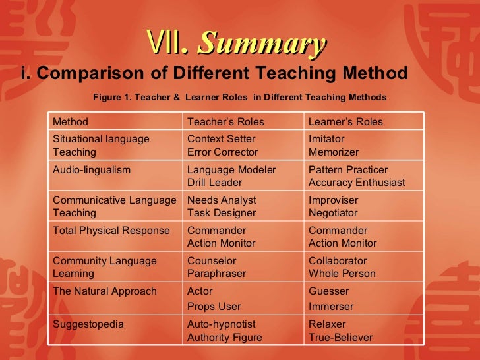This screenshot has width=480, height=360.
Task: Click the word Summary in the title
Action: (262, 45)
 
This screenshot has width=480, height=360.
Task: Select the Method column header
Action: (70, 122)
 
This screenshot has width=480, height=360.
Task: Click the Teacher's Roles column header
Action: (225, 122)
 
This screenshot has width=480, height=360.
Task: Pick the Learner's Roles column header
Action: (345, 122)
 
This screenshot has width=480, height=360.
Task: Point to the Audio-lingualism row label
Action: (91, 169)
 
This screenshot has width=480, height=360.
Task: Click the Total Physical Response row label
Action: (111, 231)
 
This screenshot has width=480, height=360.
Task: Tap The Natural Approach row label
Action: (104, 291)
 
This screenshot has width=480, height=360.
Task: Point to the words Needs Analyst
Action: (222, 200)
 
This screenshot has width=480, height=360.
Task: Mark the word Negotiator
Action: (333, 213)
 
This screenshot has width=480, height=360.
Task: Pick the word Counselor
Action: (212, 261)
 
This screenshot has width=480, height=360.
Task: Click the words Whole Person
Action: (342, 274)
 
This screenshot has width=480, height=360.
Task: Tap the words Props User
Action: (214, 307)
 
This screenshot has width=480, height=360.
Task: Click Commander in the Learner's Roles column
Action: (338, 231)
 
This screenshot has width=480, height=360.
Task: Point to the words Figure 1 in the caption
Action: (111, 97)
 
